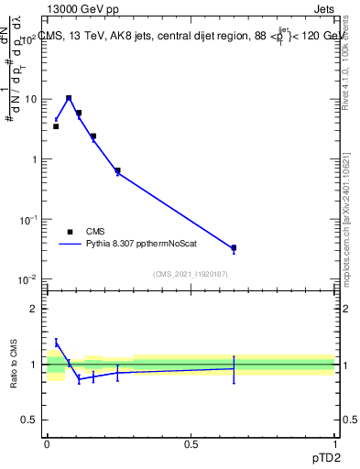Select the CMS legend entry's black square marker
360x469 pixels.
(70, 232)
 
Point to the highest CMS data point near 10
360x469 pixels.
(69, 98)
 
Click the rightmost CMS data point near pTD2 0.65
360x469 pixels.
(234, 247)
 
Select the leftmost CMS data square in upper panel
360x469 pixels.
(56, 126)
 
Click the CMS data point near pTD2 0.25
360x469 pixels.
(117, 170)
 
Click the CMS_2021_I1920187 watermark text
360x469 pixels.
(191, 273)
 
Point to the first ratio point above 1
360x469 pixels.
(56, 343)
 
